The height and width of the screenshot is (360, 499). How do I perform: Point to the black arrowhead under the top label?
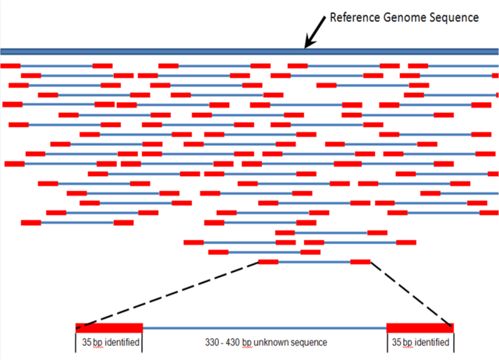(307, 44)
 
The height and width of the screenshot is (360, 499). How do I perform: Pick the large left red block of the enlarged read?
(109, 327)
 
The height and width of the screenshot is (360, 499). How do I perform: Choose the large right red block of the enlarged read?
(419, 327)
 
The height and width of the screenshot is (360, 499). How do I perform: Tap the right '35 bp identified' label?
(420, 343)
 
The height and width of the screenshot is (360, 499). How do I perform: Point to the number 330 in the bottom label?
(214, 343)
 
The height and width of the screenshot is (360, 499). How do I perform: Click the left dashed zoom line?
(168, 294)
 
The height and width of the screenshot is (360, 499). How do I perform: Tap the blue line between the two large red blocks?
(265, 327)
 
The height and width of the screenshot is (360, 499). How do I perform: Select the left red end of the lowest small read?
(267, 262)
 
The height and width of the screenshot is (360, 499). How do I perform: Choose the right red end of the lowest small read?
(360, 262)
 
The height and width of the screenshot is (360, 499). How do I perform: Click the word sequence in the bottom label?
(308, 343)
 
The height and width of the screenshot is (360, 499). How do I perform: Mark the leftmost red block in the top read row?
(11, 65)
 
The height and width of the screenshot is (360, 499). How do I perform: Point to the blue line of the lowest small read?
(313, 262)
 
